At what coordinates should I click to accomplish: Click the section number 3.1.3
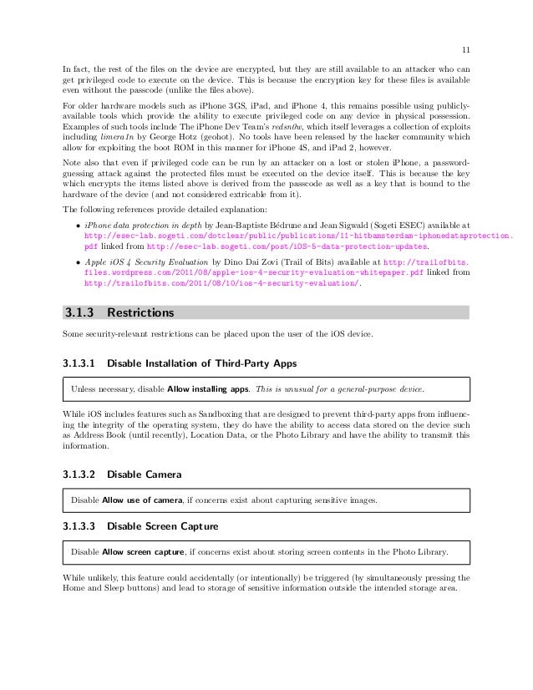80,313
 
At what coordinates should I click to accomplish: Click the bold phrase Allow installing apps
205,389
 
